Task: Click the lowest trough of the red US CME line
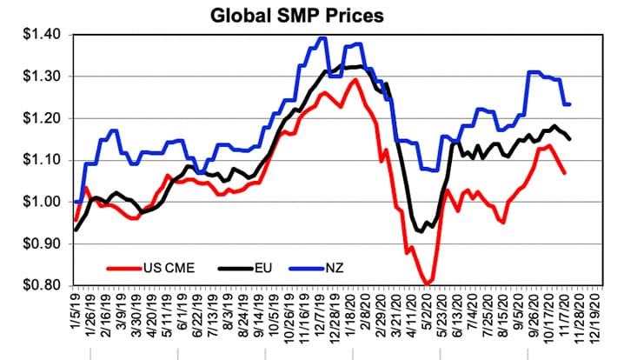coord(428,283)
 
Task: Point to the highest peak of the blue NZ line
coord(323,37)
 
